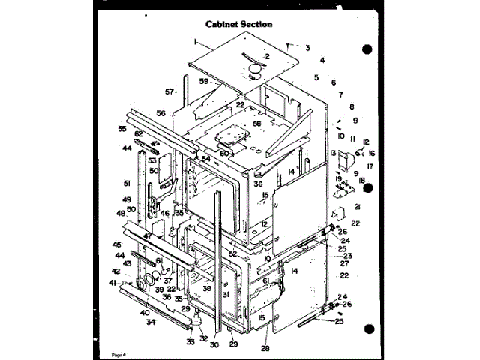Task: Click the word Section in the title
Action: tap(255, 24)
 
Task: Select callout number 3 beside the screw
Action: tap(307, 47)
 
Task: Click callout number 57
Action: tap(169, 92)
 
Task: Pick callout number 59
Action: tap(204, 80)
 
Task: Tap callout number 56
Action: tap(160, 113)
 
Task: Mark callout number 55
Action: tap(122, 129)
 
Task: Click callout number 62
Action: tap(138, 134)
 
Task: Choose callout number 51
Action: tap(127, 183)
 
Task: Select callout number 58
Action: tap(256, 123)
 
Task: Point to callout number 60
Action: tap(223, 153)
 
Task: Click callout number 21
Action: tap(358, 207)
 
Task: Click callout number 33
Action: tap(190, 342)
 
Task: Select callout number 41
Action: tap(113, 283)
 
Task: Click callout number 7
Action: tap(340, 94)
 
